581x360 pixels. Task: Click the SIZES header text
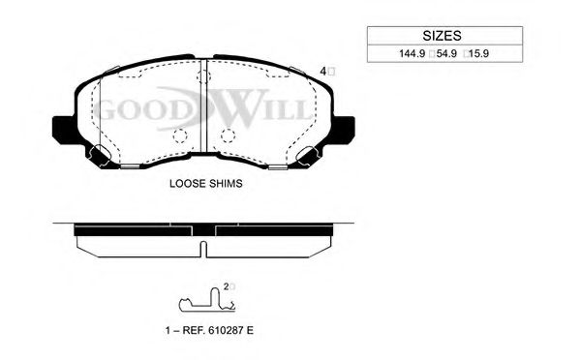(442, 36)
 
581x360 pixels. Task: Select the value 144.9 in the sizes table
(412, 53)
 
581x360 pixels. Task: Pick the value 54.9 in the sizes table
(446, 53)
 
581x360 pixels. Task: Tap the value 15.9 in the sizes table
(478, 53)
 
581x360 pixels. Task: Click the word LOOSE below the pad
(186, 183)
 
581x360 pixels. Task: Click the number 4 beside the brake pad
(322, 71)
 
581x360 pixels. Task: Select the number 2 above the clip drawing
(226, 286)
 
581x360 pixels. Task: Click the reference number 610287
(224, 330)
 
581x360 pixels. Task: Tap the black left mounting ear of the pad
(63, 130)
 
